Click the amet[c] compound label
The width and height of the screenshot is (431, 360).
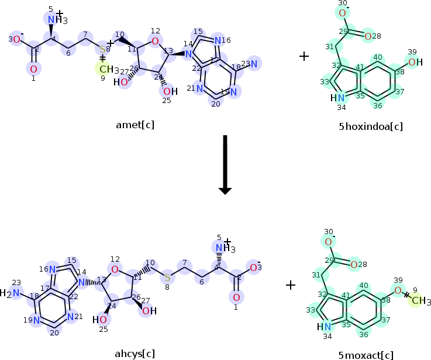pos(135,125)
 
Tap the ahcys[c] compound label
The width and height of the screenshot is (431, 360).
pos(135,354)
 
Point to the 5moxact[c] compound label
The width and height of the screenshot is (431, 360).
pos(366,355)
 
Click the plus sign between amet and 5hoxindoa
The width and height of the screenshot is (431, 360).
pos(304,56)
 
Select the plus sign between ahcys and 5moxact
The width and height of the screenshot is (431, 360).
pos(291,285)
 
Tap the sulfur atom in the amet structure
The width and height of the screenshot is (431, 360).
pos(102,49)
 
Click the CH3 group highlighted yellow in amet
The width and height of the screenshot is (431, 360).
pos(106,70)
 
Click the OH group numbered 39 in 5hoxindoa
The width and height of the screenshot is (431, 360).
pos(413,62)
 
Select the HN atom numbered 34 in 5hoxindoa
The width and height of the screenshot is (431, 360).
pos(337,98)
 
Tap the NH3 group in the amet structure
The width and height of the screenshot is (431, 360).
pos(57,20)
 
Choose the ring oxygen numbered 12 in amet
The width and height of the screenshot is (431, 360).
pos(154,40)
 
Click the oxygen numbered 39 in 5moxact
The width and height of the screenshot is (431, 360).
pos(397,290)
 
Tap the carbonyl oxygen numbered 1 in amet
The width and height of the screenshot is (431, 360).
pos(33,69)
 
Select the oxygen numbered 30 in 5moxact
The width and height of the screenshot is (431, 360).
pos(329,241)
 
